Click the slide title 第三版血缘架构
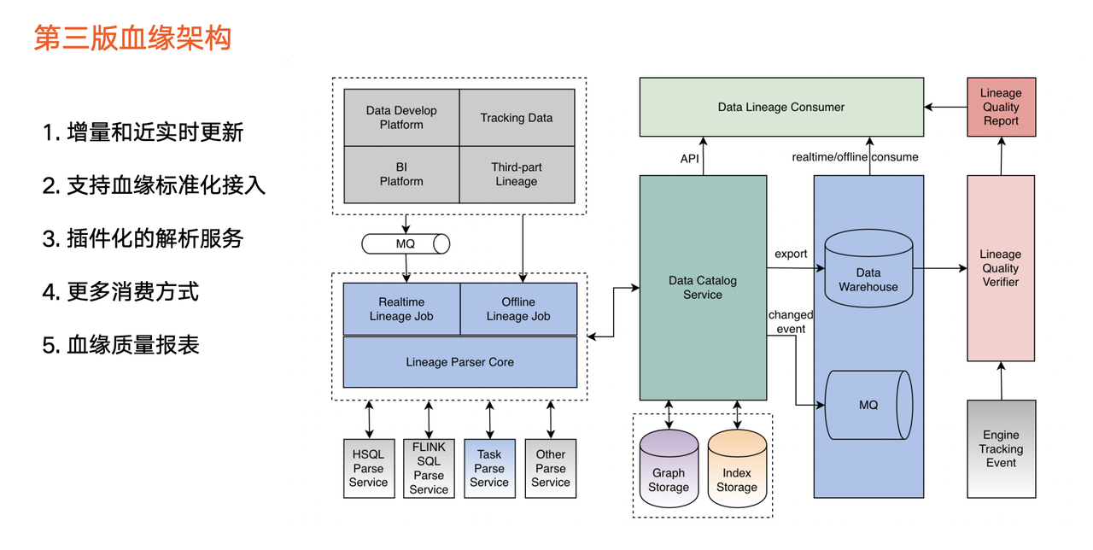[132, 38]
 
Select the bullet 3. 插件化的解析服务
[143, 238]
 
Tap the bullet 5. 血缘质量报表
[120, 345]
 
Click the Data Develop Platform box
[401, 118]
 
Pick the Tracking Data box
[517, 118]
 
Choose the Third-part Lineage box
[517, 174]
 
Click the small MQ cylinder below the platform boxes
[406, 243]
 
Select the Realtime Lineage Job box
[401, 309]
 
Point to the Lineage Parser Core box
[460, 362]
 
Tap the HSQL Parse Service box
[369, 468]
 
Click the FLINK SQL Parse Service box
[429, 468]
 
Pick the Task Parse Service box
[489, 468]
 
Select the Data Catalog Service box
[703, 287]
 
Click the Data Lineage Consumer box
[781, 108]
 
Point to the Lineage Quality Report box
[1001, 107]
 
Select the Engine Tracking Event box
[1001, 449]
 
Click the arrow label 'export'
[791, 254]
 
